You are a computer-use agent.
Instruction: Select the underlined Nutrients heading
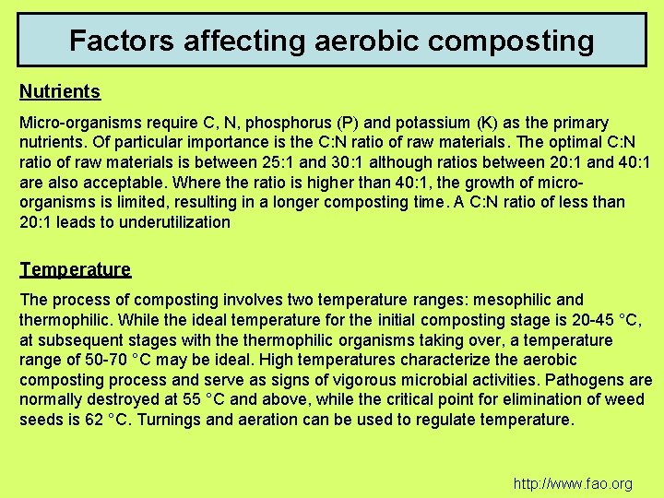click(x=60, y=92)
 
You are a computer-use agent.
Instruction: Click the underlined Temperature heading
click(x=76, y=269)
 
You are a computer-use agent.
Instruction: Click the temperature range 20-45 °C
click(x=604, y=320)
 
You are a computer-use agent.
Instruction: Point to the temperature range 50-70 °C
click(x=108, y=360)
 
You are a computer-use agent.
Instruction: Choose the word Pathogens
click(x=581, y=380)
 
